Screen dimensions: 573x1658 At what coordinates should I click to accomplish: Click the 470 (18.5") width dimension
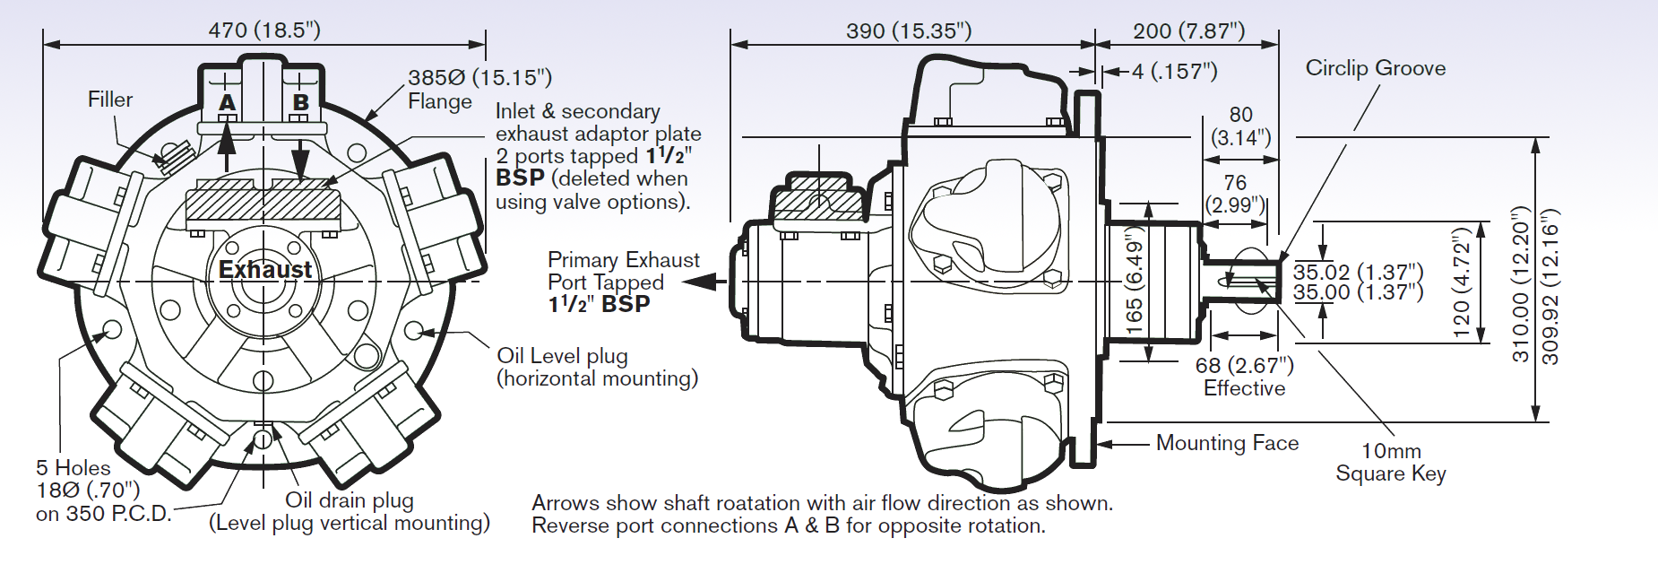coord(264,30)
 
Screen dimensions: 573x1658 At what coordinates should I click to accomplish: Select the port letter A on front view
coord(228,103)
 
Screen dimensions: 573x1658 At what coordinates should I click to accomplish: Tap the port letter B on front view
coord(301,103)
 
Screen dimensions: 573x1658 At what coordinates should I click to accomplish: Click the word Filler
coord(110,100)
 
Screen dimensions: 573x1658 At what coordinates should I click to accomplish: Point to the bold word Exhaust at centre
coord(265,270)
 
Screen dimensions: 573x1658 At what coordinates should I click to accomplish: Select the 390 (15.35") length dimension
coord(909,31)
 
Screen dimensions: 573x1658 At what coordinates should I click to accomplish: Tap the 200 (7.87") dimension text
coord(1188,31)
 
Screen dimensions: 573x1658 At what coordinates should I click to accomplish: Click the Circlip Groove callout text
coord(1375,68)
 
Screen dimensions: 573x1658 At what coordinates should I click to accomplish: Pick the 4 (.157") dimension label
coord(1174,72)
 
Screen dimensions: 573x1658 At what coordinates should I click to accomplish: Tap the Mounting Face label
coord(1227,443)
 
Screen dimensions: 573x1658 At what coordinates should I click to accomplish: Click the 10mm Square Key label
coord(1391,462)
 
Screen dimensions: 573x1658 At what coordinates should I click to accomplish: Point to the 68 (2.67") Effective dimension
coord(1244,377)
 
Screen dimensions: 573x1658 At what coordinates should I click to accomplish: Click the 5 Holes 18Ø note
coord(90,491)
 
